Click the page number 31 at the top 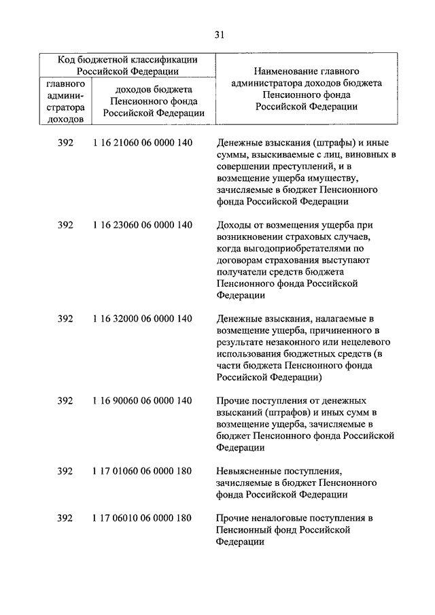tap(217, 35)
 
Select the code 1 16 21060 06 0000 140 tap(142, 143)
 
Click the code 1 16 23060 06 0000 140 tap(142, 225)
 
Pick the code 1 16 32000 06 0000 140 tap(142, 318)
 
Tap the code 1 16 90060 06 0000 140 tap(142, 400)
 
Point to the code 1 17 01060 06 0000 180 tap(142, 471)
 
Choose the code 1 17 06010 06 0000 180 tap(142, 518)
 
